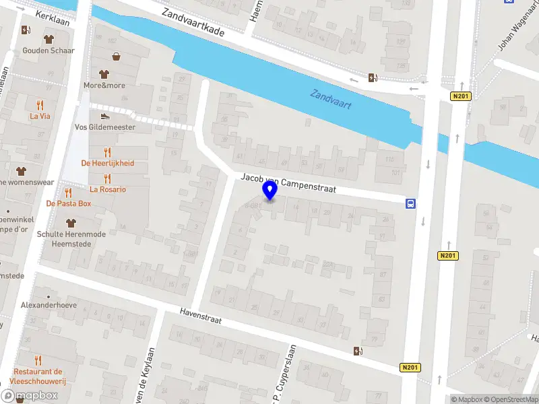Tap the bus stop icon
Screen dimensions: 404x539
pyautogui.click(x=410, y=203)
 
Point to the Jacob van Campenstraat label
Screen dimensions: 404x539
pyautogui.click(x=288, y=182)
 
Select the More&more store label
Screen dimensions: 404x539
pyautogui.click(x=104, y=86)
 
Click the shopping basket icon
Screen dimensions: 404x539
pyautogui.click(x=117, y=57)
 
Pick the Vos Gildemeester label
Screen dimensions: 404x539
pyautogui.click(x=104, y=127)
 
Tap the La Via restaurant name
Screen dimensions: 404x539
pyautogui.click(x=40, y=116)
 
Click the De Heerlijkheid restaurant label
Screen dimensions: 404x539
pyautogui.click(x=107, y=163)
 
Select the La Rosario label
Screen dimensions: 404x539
pyautogui.click(x=107, y=189)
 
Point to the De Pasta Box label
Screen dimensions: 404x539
pyautogui.click(x=68, y=203)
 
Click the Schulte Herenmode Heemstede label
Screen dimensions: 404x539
pyautogui.click(x=71, y=238)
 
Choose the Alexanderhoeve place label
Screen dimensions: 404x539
pyautogui.click(x=49, y=304)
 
